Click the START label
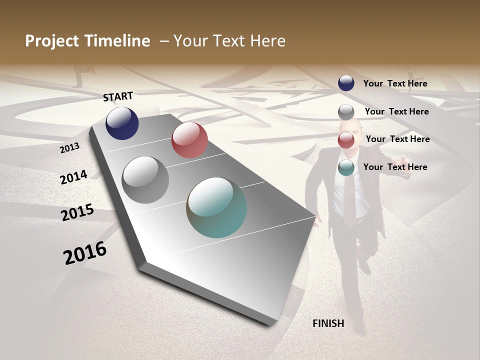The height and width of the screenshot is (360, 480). pos(118,96)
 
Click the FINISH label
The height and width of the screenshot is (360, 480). pos(328,323)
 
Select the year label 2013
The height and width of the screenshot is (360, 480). pos(70,148)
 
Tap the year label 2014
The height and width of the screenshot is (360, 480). pos(73,177)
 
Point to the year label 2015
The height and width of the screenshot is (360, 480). pos(77,212)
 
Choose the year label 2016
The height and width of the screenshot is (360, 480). pos(85,253)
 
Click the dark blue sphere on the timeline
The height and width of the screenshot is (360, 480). pos(122,123)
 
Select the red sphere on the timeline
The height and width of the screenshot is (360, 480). pos(189,140)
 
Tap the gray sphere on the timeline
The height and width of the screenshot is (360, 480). pos(145,180)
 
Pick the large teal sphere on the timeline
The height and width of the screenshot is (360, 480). pos(216,207)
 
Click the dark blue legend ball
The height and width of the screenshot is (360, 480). pos(346,83)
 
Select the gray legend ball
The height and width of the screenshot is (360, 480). pos(346,111)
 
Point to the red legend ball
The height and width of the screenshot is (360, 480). pos(346,140)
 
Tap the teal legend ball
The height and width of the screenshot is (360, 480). pos(346,168)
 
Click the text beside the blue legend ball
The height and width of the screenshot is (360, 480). pos(395,83)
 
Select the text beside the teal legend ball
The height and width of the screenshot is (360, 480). pos(395,167)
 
